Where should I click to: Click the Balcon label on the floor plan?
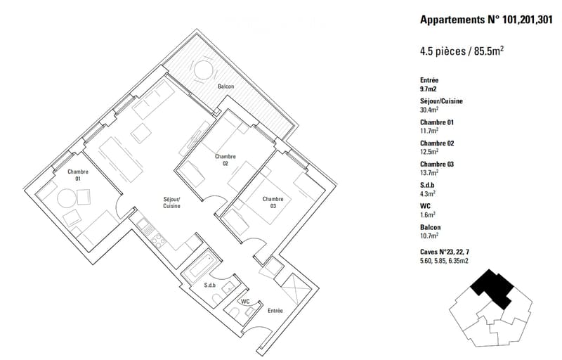[226, 86]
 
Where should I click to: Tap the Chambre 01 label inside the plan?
[78, 175]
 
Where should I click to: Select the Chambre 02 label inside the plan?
[225, 160]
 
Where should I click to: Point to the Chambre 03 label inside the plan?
[273, 202]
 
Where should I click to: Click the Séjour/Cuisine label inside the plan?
[171, 202]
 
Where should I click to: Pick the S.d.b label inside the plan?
[209, 285]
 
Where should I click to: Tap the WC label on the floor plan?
[245, 302]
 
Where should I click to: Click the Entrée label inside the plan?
[275, 311]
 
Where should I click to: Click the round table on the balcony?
[203, 70]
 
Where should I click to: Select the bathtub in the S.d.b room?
[200, 266]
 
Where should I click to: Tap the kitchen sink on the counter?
[145, 226]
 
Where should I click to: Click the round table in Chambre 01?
[67, 198]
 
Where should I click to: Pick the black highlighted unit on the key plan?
[492, 288]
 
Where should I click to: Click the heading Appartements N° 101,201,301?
[486, 20]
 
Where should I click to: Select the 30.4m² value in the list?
[429, 110]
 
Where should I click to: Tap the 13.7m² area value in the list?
[429, 172]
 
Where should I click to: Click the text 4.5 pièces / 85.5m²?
[462, 51]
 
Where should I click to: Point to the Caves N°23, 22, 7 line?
[445, 252]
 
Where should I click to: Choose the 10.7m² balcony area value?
[429, 236]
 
